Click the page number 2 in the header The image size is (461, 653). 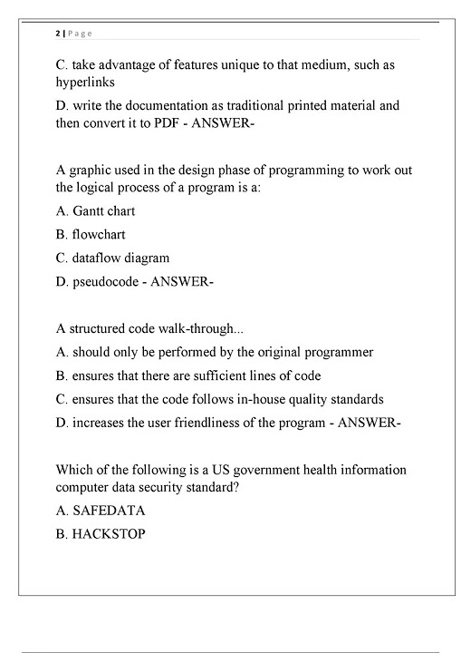click(x=57, y=34)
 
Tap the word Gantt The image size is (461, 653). click(x=91, y=210)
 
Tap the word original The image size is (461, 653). click(x=281, y=352)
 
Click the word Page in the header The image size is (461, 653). click(x=79, y=34)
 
